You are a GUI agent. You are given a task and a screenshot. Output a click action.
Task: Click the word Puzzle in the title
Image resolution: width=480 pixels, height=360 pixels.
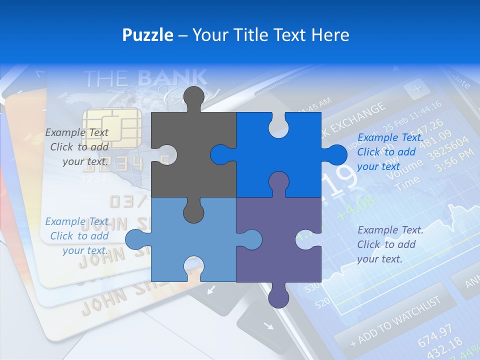148,35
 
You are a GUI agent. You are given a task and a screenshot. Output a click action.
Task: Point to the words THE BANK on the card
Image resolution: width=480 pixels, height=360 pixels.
145,78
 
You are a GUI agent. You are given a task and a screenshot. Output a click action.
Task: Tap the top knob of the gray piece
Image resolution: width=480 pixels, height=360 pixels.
194,97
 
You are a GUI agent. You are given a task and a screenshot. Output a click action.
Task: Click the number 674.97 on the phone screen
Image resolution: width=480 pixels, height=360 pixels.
435,334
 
